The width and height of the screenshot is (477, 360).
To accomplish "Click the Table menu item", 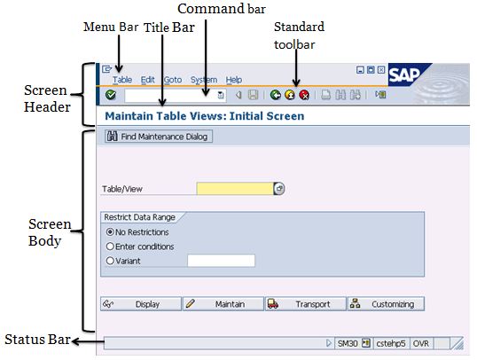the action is click(122, 80).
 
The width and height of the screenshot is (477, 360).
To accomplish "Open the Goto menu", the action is click(173, 80).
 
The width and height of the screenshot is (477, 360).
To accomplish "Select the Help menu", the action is click(234, 80).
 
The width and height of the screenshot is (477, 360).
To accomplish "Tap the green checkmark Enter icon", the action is click(111, 95).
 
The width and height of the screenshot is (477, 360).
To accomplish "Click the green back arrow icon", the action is click(276, 95).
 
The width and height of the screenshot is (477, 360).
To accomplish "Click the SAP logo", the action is click(407, 74).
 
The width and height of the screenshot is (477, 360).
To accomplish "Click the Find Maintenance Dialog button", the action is click(159, 137).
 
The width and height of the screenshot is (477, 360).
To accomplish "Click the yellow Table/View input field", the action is click(235, 189).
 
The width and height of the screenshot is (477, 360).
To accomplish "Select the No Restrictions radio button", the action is click(110, 232).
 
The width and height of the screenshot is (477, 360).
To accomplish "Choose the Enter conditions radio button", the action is click(110, 247).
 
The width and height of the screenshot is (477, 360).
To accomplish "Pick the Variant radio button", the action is click(110, 261).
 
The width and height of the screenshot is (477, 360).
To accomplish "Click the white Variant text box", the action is click(221, 261).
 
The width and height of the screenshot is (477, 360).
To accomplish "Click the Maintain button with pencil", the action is click(223, 304).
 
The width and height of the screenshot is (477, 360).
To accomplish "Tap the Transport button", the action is click(306, 304).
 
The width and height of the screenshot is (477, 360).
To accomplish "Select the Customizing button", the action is click(386, 304).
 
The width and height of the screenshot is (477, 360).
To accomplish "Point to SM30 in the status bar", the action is click(348, 343).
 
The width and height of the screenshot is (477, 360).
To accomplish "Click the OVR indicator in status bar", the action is click(421, 343).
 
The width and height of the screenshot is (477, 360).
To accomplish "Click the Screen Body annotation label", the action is click(50, 232).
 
